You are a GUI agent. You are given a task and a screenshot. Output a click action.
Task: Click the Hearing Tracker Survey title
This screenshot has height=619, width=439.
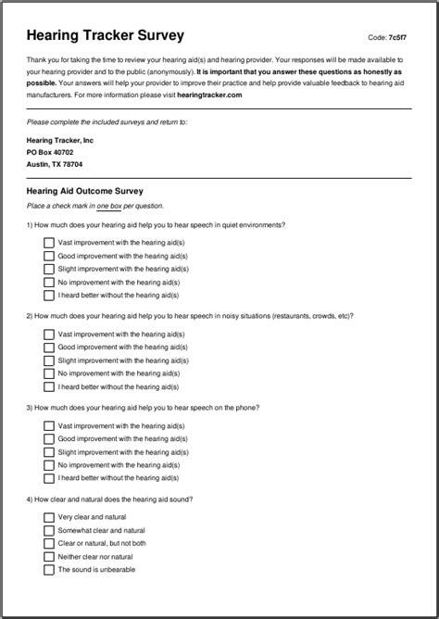105,35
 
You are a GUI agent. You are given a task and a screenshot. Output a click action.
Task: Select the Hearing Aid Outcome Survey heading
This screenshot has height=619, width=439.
85,191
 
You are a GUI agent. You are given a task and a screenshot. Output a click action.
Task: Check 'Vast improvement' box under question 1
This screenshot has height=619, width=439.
48,242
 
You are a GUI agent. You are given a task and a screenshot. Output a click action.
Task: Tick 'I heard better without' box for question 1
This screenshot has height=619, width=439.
48,295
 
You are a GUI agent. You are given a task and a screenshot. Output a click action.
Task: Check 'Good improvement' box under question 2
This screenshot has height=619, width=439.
48,347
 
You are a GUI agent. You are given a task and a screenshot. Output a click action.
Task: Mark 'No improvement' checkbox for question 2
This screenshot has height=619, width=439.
48,373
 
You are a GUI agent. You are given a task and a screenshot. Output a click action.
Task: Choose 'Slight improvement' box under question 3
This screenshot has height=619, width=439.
48,451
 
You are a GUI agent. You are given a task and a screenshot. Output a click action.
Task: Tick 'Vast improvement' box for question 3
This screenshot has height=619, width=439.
48,425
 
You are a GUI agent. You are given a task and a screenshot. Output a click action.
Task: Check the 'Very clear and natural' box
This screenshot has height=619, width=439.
48,516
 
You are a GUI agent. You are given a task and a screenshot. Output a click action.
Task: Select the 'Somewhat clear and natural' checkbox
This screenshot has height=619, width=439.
48,530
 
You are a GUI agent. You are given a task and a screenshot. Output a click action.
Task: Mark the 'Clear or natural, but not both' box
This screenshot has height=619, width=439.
48,543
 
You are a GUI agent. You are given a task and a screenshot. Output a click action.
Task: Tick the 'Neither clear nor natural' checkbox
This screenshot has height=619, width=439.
48,556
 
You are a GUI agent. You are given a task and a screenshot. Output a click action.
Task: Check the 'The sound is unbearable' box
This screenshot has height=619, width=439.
48,570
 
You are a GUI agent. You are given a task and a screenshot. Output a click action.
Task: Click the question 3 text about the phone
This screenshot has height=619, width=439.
143,407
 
